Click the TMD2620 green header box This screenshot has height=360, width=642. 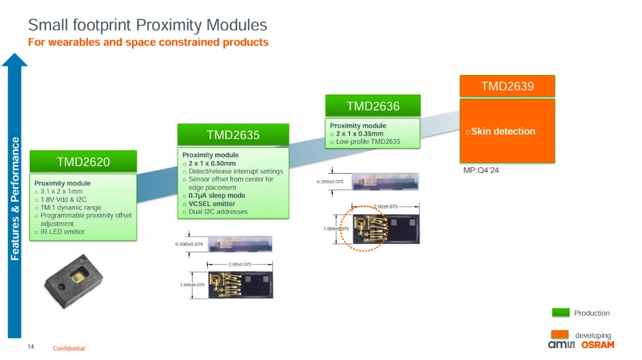(83, 162)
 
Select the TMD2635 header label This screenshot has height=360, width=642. (233, 135)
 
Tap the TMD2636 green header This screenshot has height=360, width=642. (373, 106)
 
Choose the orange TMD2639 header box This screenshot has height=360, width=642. (507, 86)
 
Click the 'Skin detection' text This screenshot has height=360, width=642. (503, 131)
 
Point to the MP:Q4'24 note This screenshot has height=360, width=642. (481, 170)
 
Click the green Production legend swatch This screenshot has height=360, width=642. (561, 312)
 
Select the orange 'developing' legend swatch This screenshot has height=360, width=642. (561, 335)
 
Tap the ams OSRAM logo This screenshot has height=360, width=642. (581, 345)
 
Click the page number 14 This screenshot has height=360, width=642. (31, 346)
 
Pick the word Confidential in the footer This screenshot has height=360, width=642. (69, 348)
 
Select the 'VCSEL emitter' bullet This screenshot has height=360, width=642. (212, 204)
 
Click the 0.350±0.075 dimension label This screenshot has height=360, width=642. (330, 182)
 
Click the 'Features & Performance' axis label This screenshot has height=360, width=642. (15, 198)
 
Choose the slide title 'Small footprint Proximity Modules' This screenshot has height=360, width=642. (147, 25)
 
